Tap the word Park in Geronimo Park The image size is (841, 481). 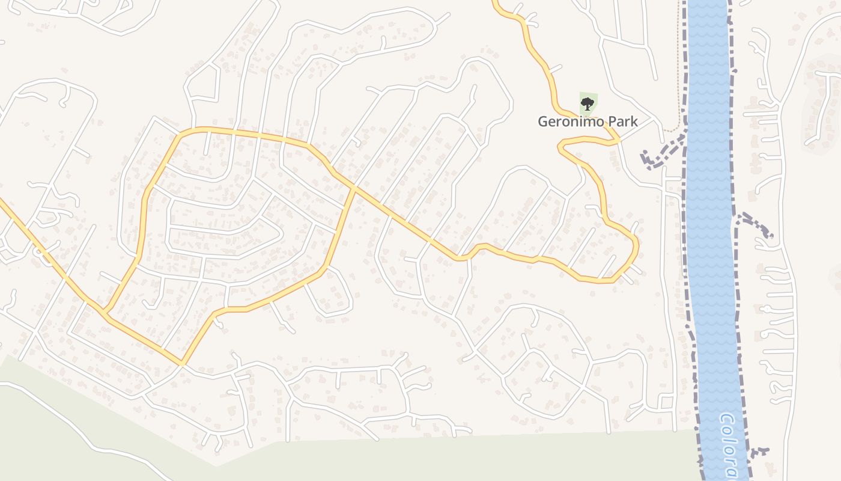click(x=622, y=121)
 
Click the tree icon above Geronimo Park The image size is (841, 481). click(x=587, y=103)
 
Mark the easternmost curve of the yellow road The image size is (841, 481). click(x=636, y=247)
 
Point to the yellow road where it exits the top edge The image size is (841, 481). click(x=494, y=2)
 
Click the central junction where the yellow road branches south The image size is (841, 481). click(x=353, y=189)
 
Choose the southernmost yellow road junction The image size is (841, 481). click(x=181, y=363)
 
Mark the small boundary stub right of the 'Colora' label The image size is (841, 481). click(x=761, y=451)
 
